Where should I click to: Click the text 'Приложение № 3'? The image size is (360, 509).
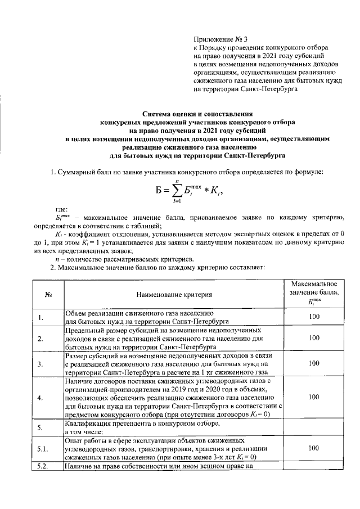(220, 39)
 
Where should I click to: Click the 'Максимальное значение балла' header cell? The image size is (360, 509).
(314, 293)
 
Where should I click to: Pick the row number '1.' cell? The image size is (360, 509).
(41, 318)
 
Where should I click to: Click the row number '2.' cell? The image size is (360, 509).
(40, 339)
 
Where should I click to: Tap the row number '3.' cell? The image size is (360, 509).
(40, 364)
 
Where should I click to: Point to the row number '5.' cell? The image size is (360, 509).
(40, 427)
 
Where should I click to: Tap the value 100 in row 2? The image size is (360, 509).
(314, 338)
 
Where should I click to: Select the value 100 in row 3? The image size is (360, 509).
(314, 363)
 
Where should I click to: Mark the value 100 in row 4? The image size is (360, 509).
(314, 397)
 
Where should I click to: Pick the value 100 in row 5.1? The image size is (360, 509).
(314, 448)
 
